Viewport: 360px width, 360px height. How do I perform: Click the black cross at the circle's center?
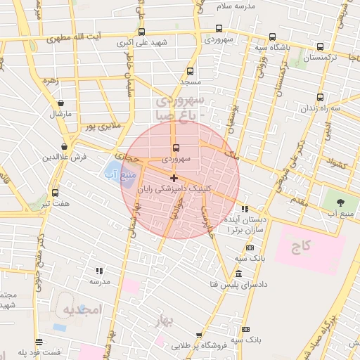pyautogui.click(x=174, y=178)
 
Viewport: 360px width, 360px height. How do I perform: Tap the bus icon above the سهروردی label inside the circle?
pyautogui.click(x=175, y=148)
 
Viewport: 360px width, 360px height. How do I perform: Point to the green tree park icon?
pyautogui.click(x=342, y=202)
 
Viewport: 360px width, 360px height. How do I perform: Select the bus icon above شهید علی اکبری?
pyautogui.click(x=142, y=32)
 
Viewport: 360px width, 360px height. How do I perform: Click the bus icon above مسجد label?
pyautogui.click(x=191, y=71)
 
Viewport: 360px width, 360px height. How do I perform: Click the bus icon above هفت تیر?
pyautogui.click(x=55, y=193)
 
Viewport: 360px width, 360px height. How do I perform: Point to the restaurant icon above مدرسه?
pyautogui.click(x=99, y=270)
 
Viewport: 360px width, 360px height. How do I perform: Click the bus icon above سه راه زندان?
pyautogui.click(x=321, y=97)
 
